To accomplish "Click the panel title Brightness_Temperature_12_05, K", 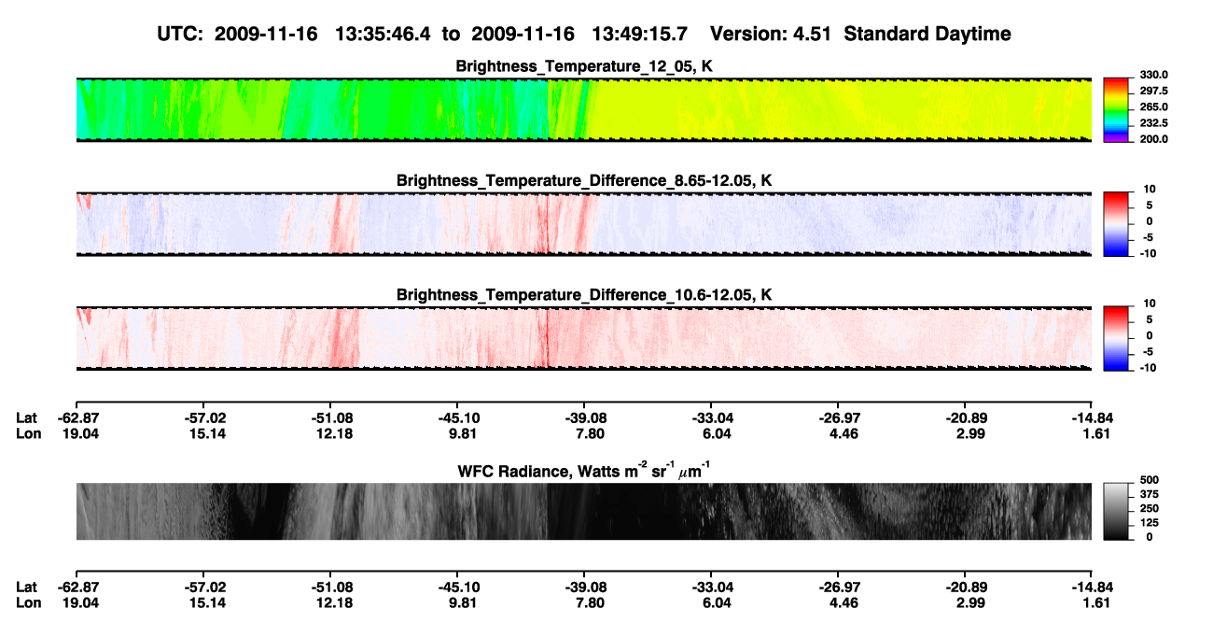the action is point(584,66).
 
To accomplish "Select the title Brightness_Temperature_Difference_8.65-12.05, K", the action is point(584,180).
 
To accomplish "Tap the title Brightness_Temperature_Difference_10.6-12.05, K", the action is point(584,295).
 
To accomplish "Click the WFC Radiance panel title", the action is point(584,470).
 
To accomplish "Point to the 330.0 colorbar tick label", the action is point(1153,75).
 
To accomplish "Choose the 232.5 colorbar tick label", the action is point(1153,123).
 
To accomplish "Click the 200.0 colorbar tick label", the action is point(1153,139).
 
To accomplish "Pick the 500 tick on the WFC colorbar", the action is point(1150,480).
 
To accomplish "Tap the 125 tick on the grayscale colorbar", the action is point(1150,523).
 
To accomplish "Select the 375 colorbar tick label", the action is point(1150,494).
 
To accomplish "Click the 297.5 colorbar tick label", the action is point(1153,91).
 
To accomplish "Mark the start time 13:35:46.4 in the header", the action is point(383,34).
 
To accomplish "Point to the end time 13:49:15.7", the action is point(639,34).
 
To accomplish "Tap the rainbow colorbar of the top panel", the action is point(1116,110).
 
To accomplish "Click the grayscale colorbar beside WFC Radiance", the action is point(1116,511).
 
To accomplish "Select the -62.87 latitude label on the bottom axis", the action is point(78,588).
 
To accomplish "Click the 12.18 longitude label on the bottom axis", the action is point(335,603).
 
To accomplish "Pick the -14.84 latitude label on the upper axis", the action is point(1093,418).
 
